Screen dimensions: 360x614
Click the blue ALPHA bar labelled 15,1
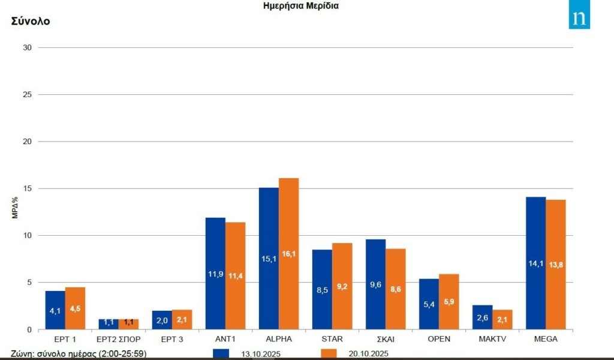pyautogui.click(x=269, y=258)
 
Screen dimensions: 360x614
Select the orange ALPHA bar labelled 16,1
pyautogui.click(x=288, y=253)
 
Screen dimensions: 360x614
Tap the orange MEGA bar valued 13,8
pyautogui.click(x=556, y=264)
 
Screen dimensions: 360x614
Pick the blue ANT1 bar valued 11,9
pyautogui.click(x=215, y=273)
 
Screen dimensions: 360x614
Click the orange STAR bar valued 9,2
pyautogui.click(x=342, y=286)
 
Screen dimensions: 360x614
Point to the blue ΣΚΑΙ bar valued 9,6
pyautogui.click(x=375, y=284)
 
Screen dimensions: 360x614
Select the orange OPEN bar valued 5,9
pyautogui.click(x=449, y=301)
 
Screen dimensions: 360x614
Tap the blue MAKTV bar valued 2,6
pyautogui.click(x=482, y=317)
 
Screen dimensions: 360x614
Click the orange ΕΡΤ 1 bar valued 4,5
pyautogui.click(x=75, y=308)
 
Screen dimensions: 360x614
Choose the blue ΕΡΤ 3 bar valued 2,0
pyautogui.click(x=162, y=320)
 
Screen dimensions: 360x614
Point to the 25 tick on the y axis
pyautogui.click(x=28, y=95)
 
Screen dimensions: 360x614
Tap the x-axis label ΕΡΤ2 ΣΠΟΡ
pyautogui.click(x=118, y=339)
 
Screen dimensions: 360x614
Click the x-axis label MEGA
pyautogui.click(x=545, y=339)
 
